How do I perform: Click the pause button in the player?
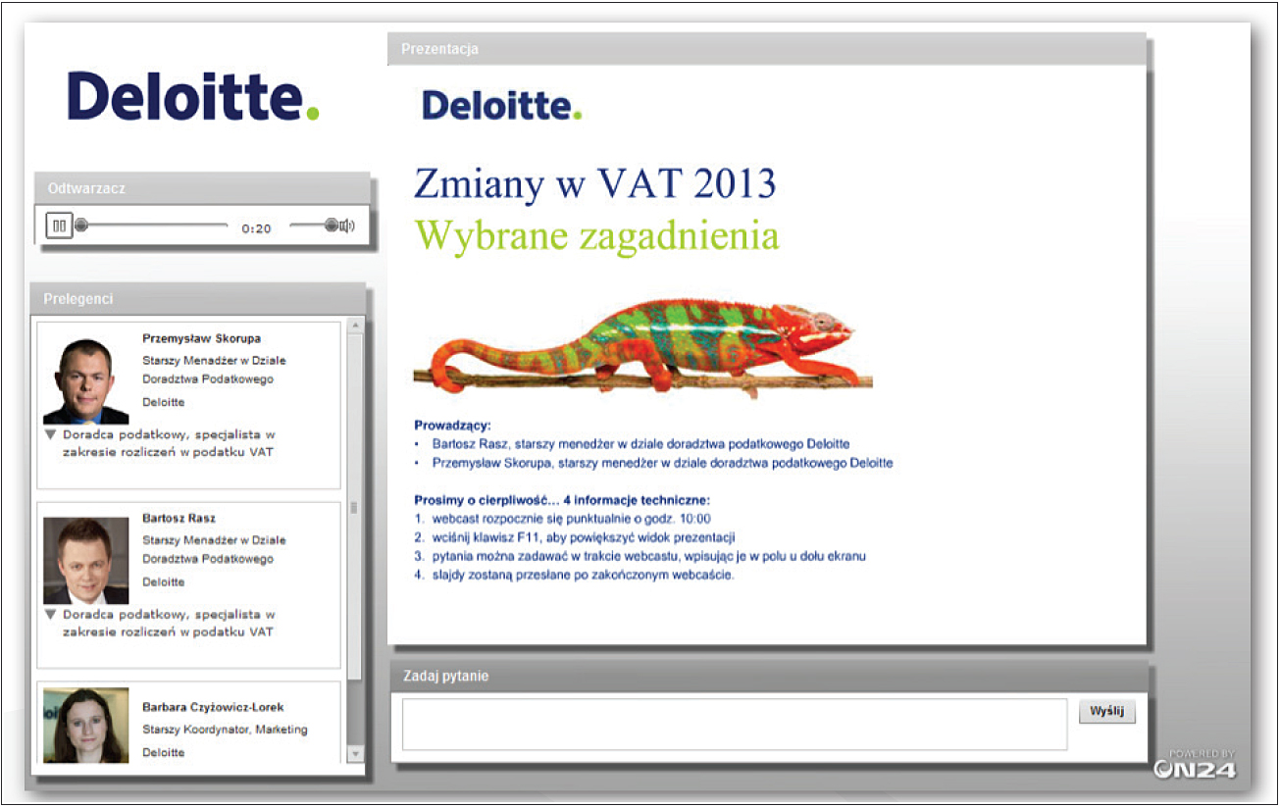(59, 226)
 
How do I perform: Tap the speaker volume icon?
(347, 226)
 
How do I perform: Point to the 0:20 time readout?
(256, 228)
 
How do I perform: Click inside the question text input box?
(735, 725)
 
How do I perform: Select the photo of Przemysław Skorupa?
(85, 380)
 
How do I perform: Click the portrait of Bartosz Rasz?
(85, 560)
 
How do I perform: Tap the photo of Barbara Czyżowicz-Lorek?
(85, 726)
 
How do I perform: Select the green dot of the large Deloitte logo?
(313, 113)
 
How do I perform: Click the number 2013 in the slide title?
(735, 183)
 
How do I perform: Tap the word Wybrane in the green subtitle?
(491, 235)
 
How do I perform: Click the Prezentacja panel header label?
(439, 49)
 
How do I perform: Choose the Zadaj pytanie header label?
(445, 677)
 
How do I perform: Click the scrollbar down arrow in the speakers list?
(355, 754)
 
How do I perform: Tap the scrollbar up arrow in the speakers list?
(355, 326)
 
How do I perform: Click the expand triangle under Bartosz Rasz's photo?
(50, 615)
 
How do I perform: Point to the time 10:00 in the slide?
(694, 519)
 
